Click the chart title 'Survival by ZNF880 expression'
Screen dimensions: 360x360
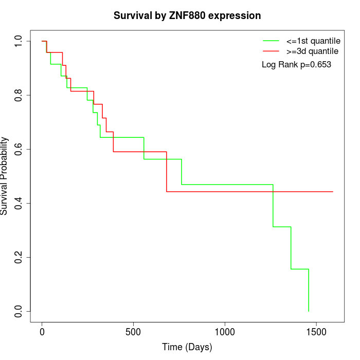pos(187,16)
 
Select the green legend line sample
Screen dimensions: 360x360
pos(271,41)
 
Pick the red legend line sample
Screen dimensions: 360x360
pos(271,51)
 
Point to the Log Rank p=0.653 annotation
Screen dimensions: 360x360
pos(296,65)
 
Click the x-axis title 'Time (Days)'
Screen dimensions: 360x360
pos(187,347)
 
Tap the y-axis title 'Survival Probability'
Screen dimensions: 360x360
pos(5,176)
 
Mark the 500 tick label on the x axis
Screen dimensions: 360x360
pos(133,331)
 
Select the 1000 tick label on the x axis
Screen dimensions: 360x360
pos(225,331)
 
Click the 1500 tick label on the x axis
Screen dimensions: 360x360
pos(316,331)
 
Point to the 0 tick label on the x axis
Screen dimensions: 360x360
pos(42,331)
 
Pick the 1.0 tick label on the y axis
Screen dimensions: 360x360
pos(19,41)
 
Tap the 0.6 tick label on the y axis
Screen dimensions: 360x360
pos(19,149)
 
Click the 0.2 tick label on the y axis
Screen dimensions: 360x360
pos(19,257)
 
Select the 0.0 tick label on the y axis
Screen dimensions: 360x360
pos(19,311)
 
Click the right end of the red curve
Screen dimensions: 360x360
pos(333,191)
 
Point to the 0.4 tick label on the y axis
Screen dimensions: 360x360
pos(19,203)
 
